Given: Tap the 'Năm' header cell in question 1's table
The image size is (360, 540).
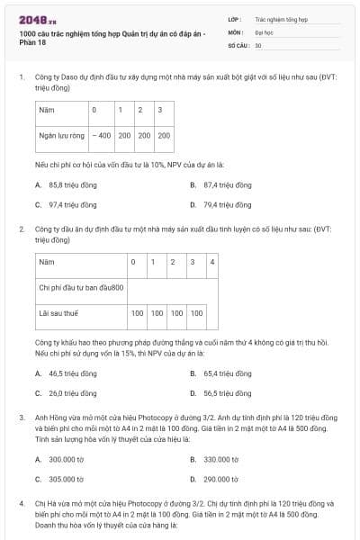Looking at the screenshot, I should tap(46, 111).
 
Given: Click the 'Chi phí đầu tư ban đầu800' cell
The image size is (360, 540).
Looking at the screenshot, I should tap(81, 287).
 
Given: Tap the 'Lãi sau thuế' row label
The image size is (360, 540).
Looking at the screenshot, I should tap(58, 314).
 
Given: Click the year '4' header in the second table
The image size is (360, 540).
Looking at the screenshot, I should tap(211, 262).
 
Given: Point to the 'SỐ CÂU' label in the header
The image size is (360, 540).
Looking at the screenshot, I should tap(238, 44).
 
